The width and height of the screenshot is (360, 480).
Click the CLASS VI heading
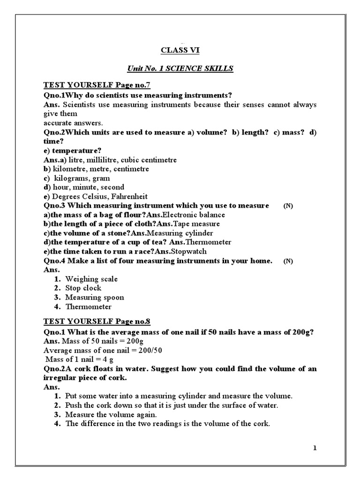coord(180,50)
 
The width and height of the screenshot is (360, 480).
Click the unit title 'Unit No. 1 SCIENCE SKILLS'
coord(180,68)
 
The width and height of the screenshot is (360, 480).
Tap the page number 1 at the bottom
coord(315,448)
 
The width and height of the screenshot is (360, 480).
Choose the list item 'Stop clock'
coord(83,288)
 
